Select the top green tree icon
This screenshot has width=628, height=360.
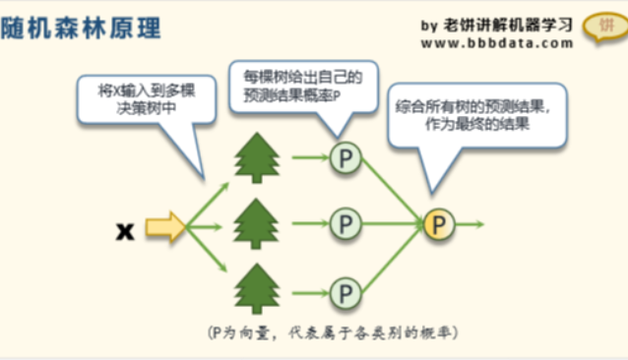pos(256,157)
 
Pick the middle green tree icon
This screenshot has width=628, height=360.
pos(256,224)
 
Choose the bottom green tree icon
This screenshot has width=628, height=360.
pos(256,290)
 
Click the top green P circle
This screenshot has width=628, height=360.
pos(345,157)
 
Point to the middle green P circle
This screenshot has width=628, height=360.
pos(345,224)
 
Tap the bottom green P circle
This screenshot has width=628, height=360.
pos(345,291)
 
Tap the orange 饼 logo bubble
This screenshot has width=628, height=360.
pos(600,27)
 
